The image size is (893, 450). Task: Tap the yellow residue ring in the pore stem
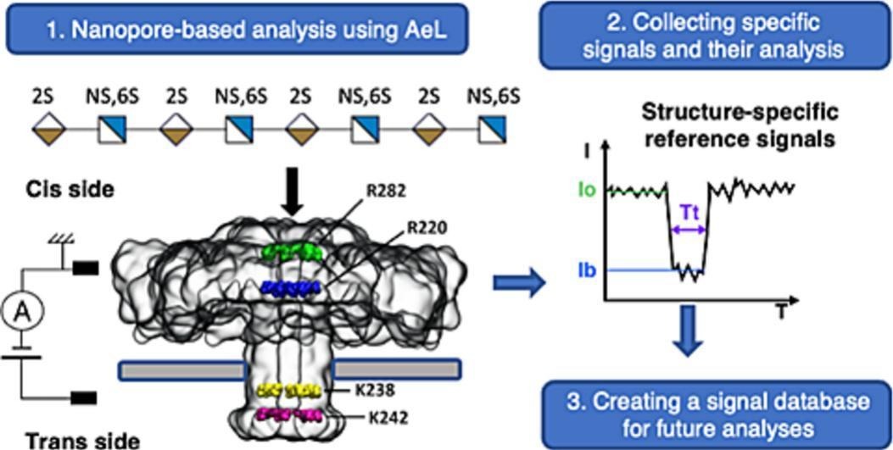coord(289,392)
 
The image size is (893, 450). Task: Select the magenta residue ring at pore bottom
coord(289,415)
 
